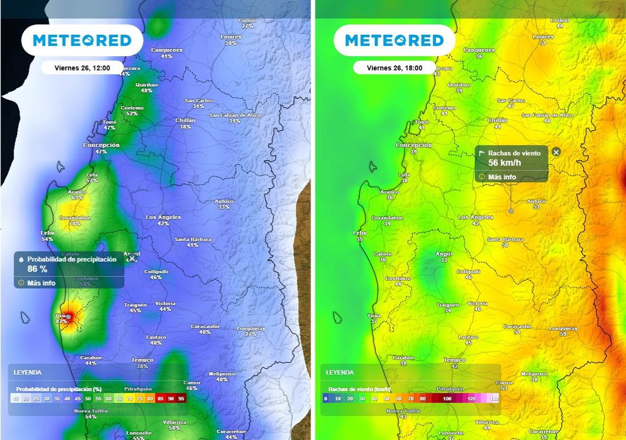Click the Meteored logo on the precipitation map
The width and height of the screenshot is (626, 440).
coord(82,40)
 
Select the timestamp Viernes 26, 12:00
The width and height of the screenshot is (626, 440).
coord(82,68)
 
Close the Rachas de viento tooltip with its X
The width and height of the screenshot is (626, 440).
coord(556,152)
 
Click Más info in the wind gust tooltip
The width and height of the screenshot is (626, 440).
coord(501,177)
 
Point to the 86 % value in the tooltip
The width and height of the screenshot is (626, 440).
coord(37,269)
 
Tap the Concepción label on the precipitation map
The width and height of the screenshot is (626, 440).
coord(101,145)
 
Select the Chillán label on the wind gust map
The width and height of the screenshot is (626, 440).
coord(498,121)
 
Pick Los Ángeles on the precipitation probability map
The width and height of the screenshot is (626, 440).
coord(163,218)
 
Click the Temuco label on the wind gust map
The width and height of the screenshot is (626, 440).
coord(454,361)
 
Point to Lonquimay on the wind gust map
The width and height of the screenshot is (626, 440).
coord(563,329)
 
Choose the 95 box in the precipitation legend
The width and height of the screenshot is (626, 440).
coord(182,398)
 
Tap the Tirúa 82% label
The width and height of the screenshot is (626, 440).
coord(62,318)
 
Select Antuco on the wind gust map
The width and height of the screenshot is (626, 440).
coord(536,201)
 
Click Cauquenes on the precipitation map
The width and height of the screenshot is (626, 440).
coord(166,50)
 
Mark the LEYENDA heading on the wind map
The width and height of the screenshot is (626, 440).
coord(339,372)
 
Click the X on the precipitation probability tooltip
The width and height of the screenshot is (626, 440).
coord(132,259)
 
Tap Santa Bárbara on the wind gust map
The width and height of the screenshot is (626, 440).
coord(505,240)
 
